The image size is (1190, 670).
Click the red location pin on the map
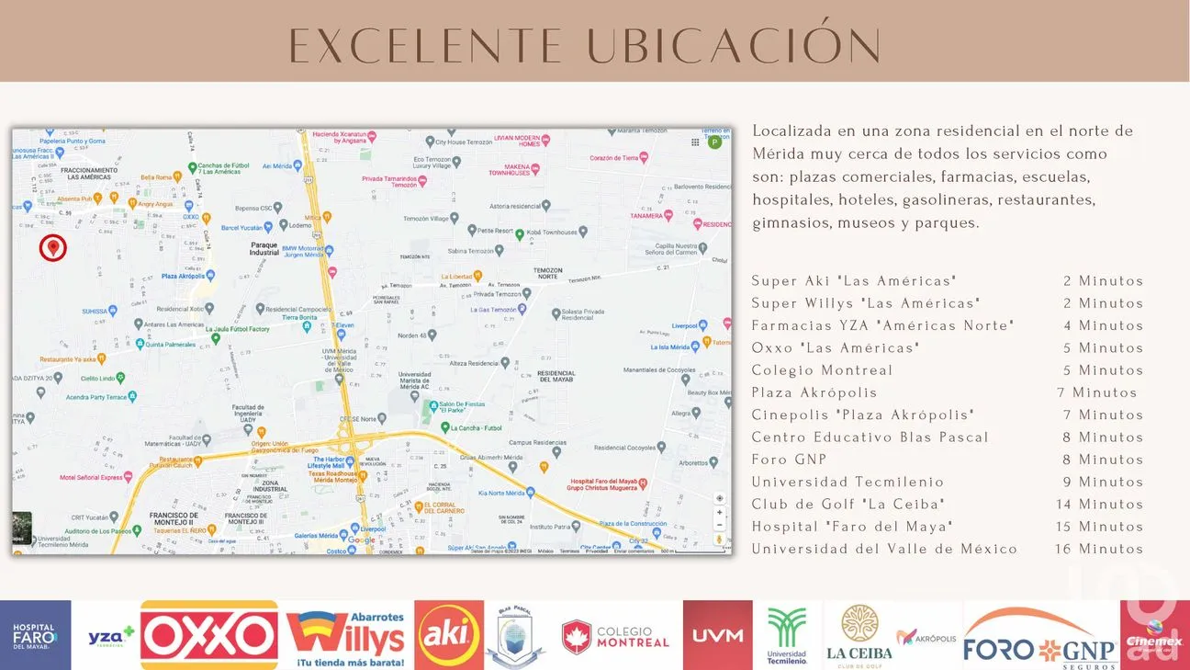tap(53, 246)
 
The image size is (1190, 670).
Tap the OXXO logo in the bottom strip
tap(208, 635)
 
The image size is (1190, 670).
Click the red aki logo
tap(449, 634)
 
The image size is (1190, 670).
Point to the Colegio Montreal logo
tap(616, 636)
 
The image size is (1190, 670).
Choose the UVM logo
tap(717, 636)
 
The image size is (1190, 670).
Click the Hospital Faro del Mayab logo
tap(34, 635)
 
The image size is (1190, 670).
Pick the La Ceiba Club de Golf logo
tap(859, 635)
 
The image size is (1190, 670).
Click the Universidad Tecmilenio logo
tap(787, 635)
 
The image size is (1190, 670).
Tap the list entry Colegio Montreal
tap(822, 370)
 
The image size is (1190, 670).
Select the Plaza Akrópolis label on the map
tap(182, 276)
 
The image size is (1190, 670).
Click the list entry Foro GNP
tap(789, 460)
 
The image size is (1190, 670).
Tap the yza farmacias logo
tap(110, 636)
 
